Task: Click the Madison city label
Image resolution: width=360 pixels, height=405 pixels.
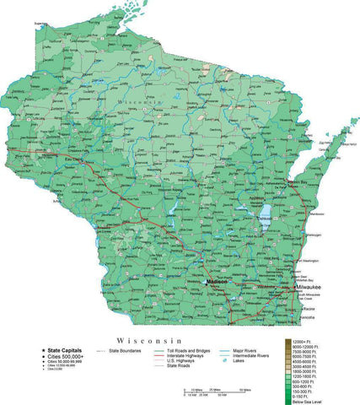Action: [218, 282]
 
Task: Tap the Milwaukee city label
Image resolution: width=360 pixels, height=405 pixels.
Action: [309, 288]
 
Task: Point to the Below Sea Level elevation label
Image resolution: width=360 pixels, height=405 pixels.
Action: [307, 402]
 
